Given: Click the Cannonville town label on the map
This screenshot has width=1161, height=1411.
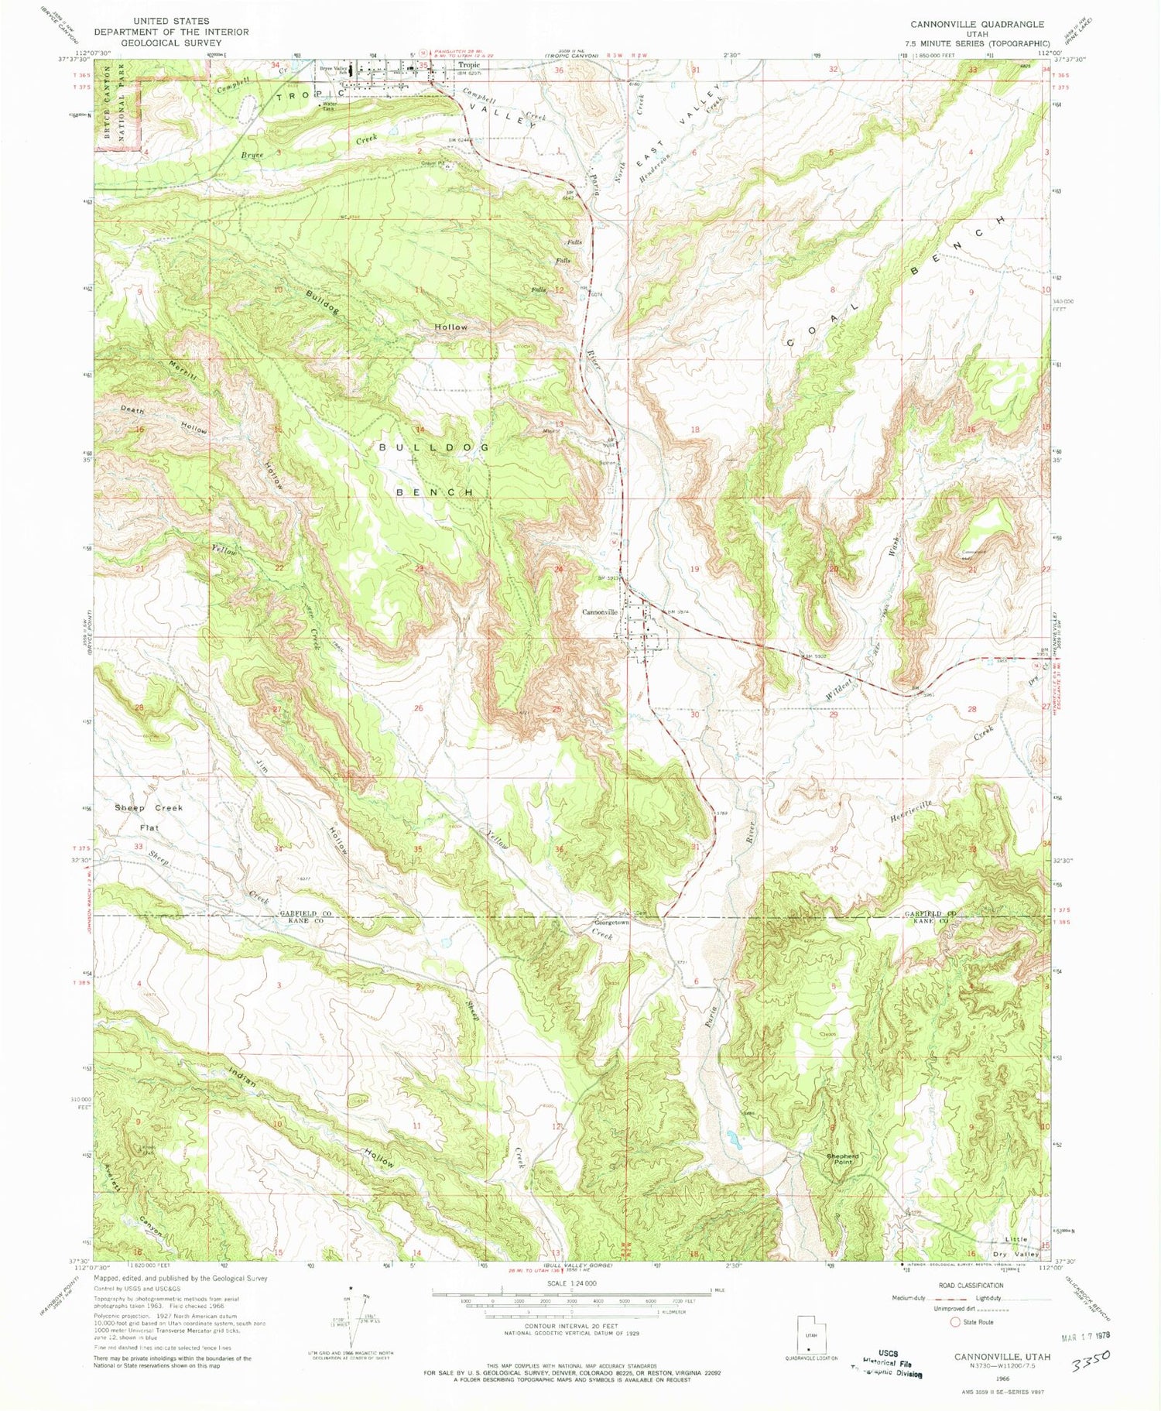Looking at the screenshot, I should pos(600,612).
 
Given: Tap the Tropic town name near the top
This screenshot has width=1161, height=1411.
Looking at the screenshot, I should pos(468,66).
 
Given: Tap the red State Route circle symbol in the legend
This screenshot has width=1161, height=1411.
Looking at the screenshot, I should pos(954,1322).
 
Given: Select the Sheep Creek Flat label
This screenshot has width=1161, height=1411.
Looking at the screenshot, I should pos(149,817).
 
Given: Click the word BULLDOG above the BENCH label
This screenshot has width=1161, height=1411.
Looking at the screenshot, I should pos(434,447).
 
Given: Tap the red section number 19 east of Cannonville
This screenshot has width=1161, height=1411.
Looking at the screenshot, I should pos(694,569).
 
